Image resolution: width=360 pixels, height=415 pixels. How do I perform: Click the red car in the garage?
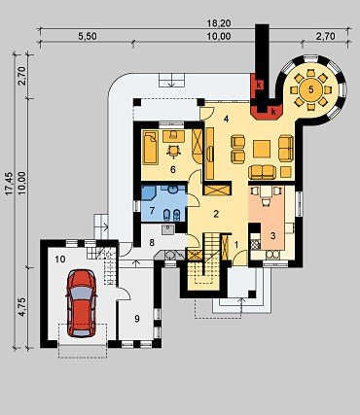coord(82,304)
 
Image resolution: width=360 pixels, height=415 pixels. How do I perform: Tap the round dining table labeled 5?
coord(310,90)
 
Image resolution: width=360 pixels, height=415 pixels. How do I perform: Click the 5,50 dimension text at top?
coord(87,36)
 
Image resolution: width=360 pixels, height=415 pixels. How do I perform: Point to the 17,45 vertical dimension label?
coord(9,183)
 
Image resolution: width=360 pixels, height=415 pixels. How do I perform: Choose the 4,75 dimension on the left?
coord(22,307)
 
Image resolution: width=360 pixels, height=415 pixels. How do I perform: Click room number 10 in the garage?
coord(60,259)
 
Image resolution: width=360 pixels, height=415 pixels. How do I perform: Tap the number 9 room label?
coord(137,319)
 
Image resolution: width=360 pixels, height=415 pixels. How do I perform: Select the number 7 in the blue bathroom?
coord(152,210)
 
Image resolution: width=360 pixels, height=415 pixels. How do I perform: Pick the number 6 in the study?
coord(173,169)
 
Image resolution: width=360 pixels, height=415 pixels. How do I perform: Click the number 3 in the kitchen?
coord(273,236)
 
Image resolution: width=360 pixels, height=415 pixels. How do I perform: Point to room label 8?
coord(152,242)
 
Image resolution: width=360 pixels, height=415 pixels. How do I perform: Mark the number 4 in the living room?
coord(226,119)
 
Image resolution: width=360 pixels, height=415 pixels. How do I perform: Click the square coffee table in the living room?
coord(262,149)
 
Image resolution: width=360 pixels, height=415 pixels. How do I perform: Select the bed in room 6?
coord(150,148)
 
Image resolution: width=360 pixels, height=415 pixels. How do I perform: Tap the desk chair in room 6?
coord(173,151)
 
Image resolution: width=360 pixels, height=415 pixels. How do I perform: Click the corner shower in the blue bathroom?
coord(149,193)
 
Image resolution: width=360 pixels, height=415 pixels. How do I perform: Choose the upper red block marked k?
coord(258,85)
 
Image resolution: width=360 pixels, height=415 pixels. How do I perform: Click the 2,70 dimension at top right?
coord(326,36)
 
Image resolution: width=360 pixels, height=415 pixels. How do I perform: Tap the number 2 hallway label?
coord(216,214)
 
